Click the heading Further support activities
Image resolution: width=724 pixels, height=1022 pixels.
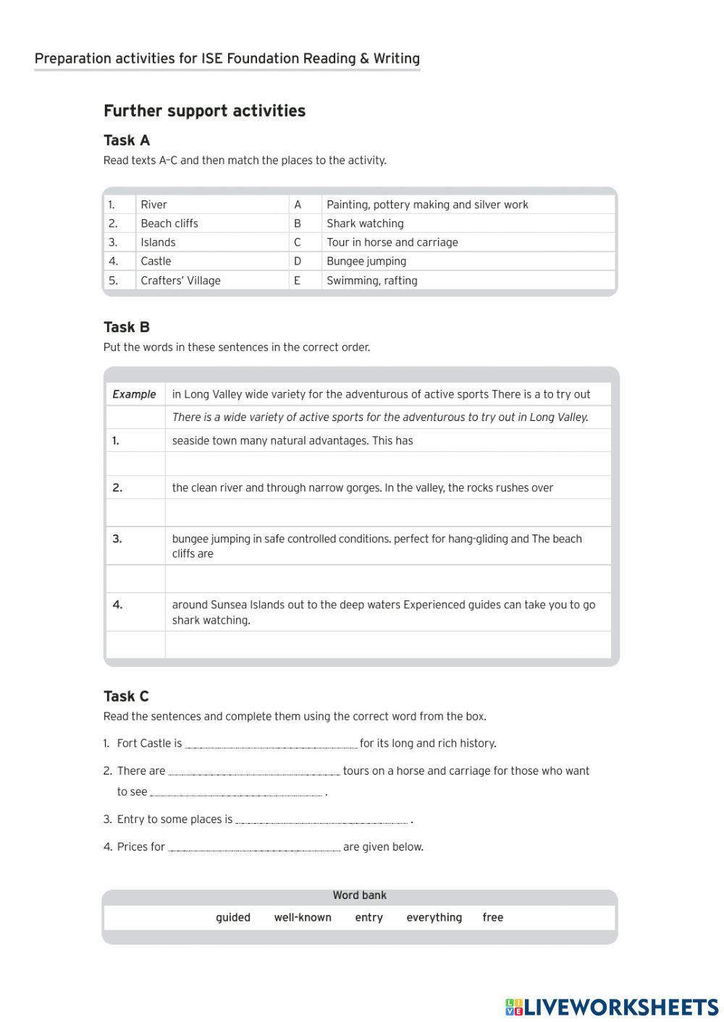tap(204, 111)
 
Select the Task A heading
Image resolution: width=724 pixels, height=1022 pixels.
tap(127, 140)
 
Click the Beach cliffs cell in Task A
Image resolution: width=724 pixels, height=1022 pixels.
tap(169, 223)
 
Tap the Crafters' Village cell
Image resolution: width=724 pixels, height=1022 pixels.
tap(180, 281)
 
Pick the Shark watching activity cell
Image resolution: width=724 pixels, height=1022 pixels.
tap(365, 223)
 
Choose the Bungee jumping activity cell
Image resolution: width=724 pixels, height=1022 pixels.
tap(366, 261)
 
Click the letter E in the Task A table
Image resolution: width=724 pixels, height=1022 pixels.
tap(297, 281)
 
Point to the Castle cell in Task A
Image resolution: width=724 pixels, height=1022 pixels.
tap(156, 261)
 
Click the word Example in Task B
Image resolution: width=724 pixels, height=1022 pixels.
tap(134, 394)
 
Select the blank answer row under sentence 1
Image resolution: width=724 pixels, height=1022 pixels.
tap(387, 464)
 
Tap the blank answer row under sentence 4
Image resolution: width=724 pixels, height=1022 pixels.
tap(387, 644)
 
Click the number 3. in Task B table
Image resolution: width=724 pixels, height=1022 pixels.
tap(117, 539)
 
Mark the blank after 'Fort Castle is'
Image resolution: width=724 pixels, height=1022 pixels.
tap(271, 744)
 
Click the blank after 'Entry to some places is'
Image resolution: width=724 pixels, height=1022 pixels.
tap(321, 819)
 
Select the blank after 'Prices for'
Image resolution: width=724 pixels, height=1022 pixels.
tap(253, 847)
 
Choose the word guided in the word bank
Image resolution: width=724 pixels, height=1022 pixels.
tap(233, 917)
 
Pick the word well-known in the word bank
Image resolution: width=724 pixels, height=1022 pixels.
tap(303, 917)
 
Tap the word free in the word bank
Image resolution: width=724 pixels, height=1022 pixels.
tap(492, 917)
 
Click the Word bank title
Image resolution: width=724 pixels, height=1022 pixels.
tap(359, 895)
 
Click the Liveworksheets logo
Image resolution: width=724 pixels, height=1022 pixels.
tap(612, 1006)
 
